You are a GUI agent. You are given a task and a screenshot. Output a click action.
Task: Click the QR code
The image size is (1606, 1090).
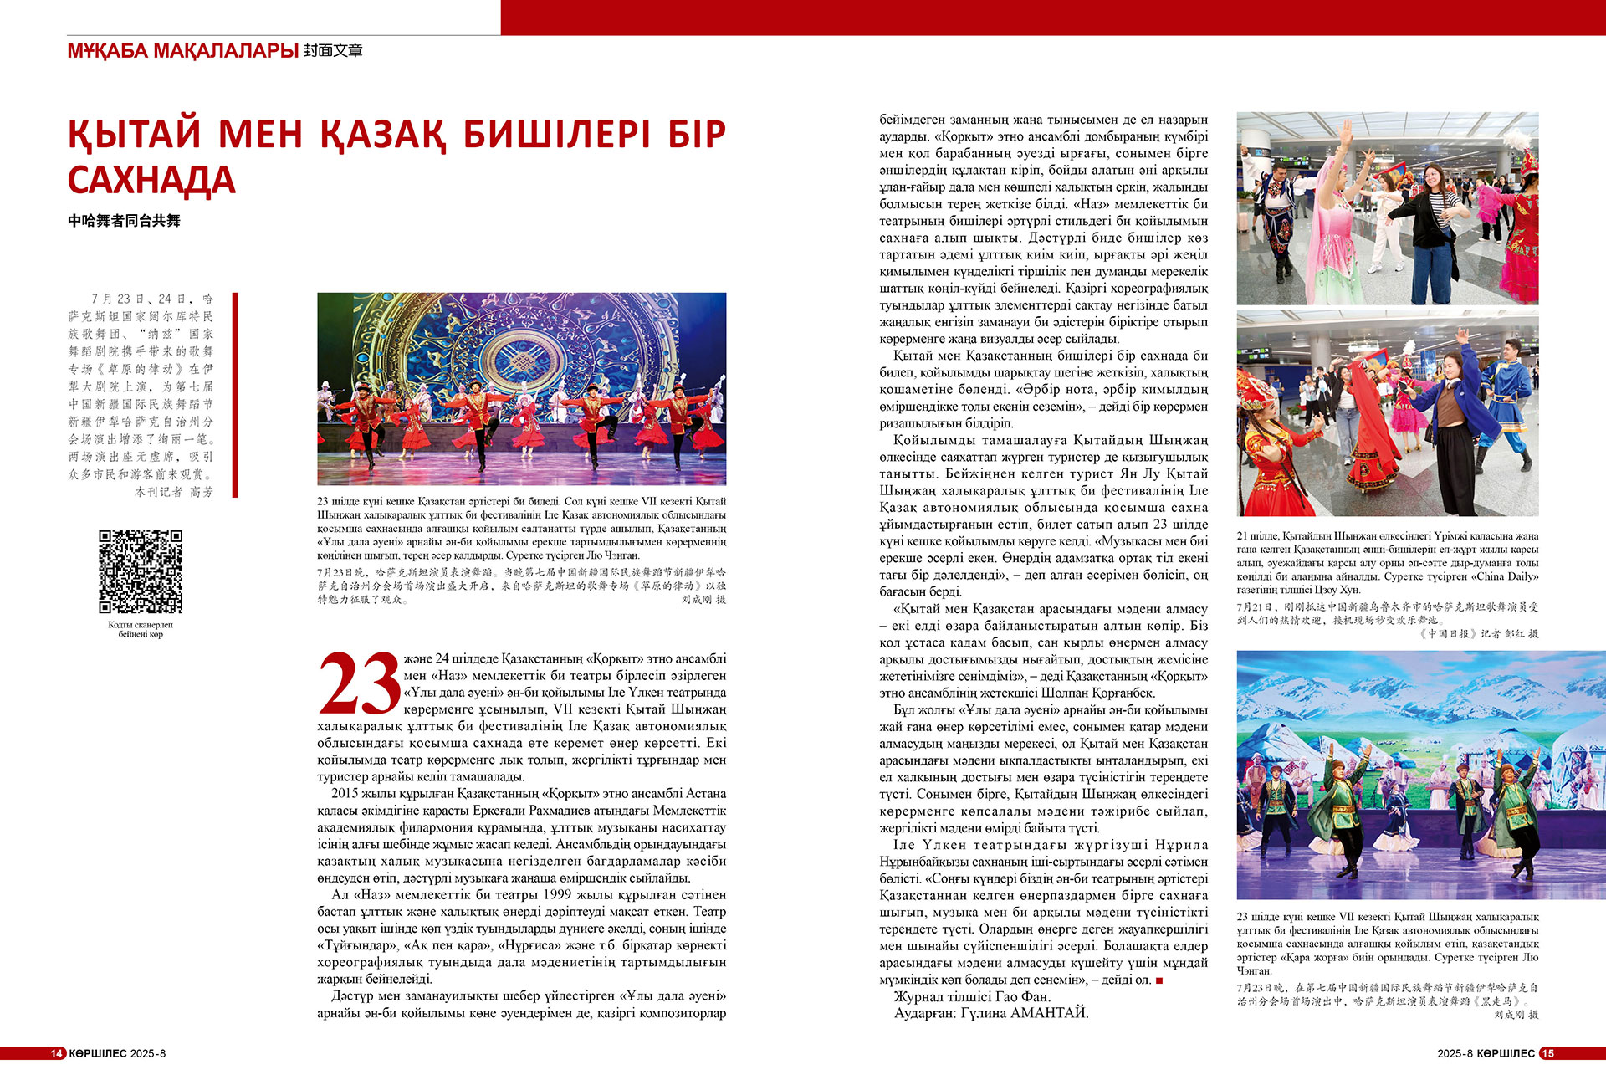[141, 571]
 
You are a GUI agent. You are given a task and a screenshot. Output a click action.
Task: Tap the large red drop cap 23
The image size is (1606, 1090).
[360, 684]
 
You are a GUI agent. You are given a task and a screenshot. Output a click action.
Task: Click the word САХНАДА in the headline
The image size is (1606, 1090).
[151, 181]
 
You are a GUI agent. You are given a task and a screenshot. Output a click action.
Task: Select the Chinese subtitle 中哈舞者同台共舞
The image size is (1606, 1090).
[124, 221]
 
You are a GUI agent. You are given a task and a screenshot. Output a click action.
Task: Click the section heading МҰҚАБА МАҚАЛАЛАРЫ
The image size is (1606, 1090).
[182, 51]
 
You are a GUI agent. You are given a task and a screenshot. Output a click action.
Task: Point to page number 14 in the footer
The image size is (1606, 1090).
[57, 1053]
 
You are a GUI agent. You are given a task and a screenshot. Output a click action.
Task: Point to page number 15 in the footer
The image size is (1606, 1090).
[1547, 1053]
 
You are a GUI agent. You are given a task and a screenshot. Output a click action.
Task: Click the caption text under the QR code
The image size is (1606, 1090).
[141, 629]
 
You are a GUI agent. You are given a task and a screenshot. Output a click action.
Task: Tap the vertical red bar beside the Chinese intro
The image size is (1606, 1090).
[235, 395]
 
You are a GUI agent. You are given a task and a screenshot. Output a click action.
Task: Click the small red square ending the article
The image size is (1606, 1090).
[1159, 980]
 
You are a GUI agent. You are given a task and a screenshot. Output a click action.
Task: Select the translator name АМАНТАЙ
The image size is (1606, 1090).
[1050, 1013]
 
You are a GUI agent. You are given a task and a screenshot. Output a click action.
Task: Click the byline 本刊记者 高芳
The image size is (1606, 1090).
[174, 492]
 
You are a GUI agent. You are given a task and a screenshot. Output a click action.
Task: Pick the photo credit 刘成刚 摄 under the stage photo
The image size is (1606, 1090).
[703, 600]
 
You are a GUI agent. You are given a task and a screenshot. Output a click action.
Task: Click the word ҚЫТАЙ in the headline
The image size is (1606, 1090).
[135, 135]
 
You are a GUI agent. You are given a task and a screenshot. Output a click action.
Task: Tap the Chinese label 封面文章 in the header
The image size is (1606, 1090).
[333, 51]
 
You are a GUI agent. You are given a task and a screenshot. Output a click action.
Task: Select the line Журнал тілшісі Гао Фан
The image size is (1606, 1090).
[972, 996]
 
